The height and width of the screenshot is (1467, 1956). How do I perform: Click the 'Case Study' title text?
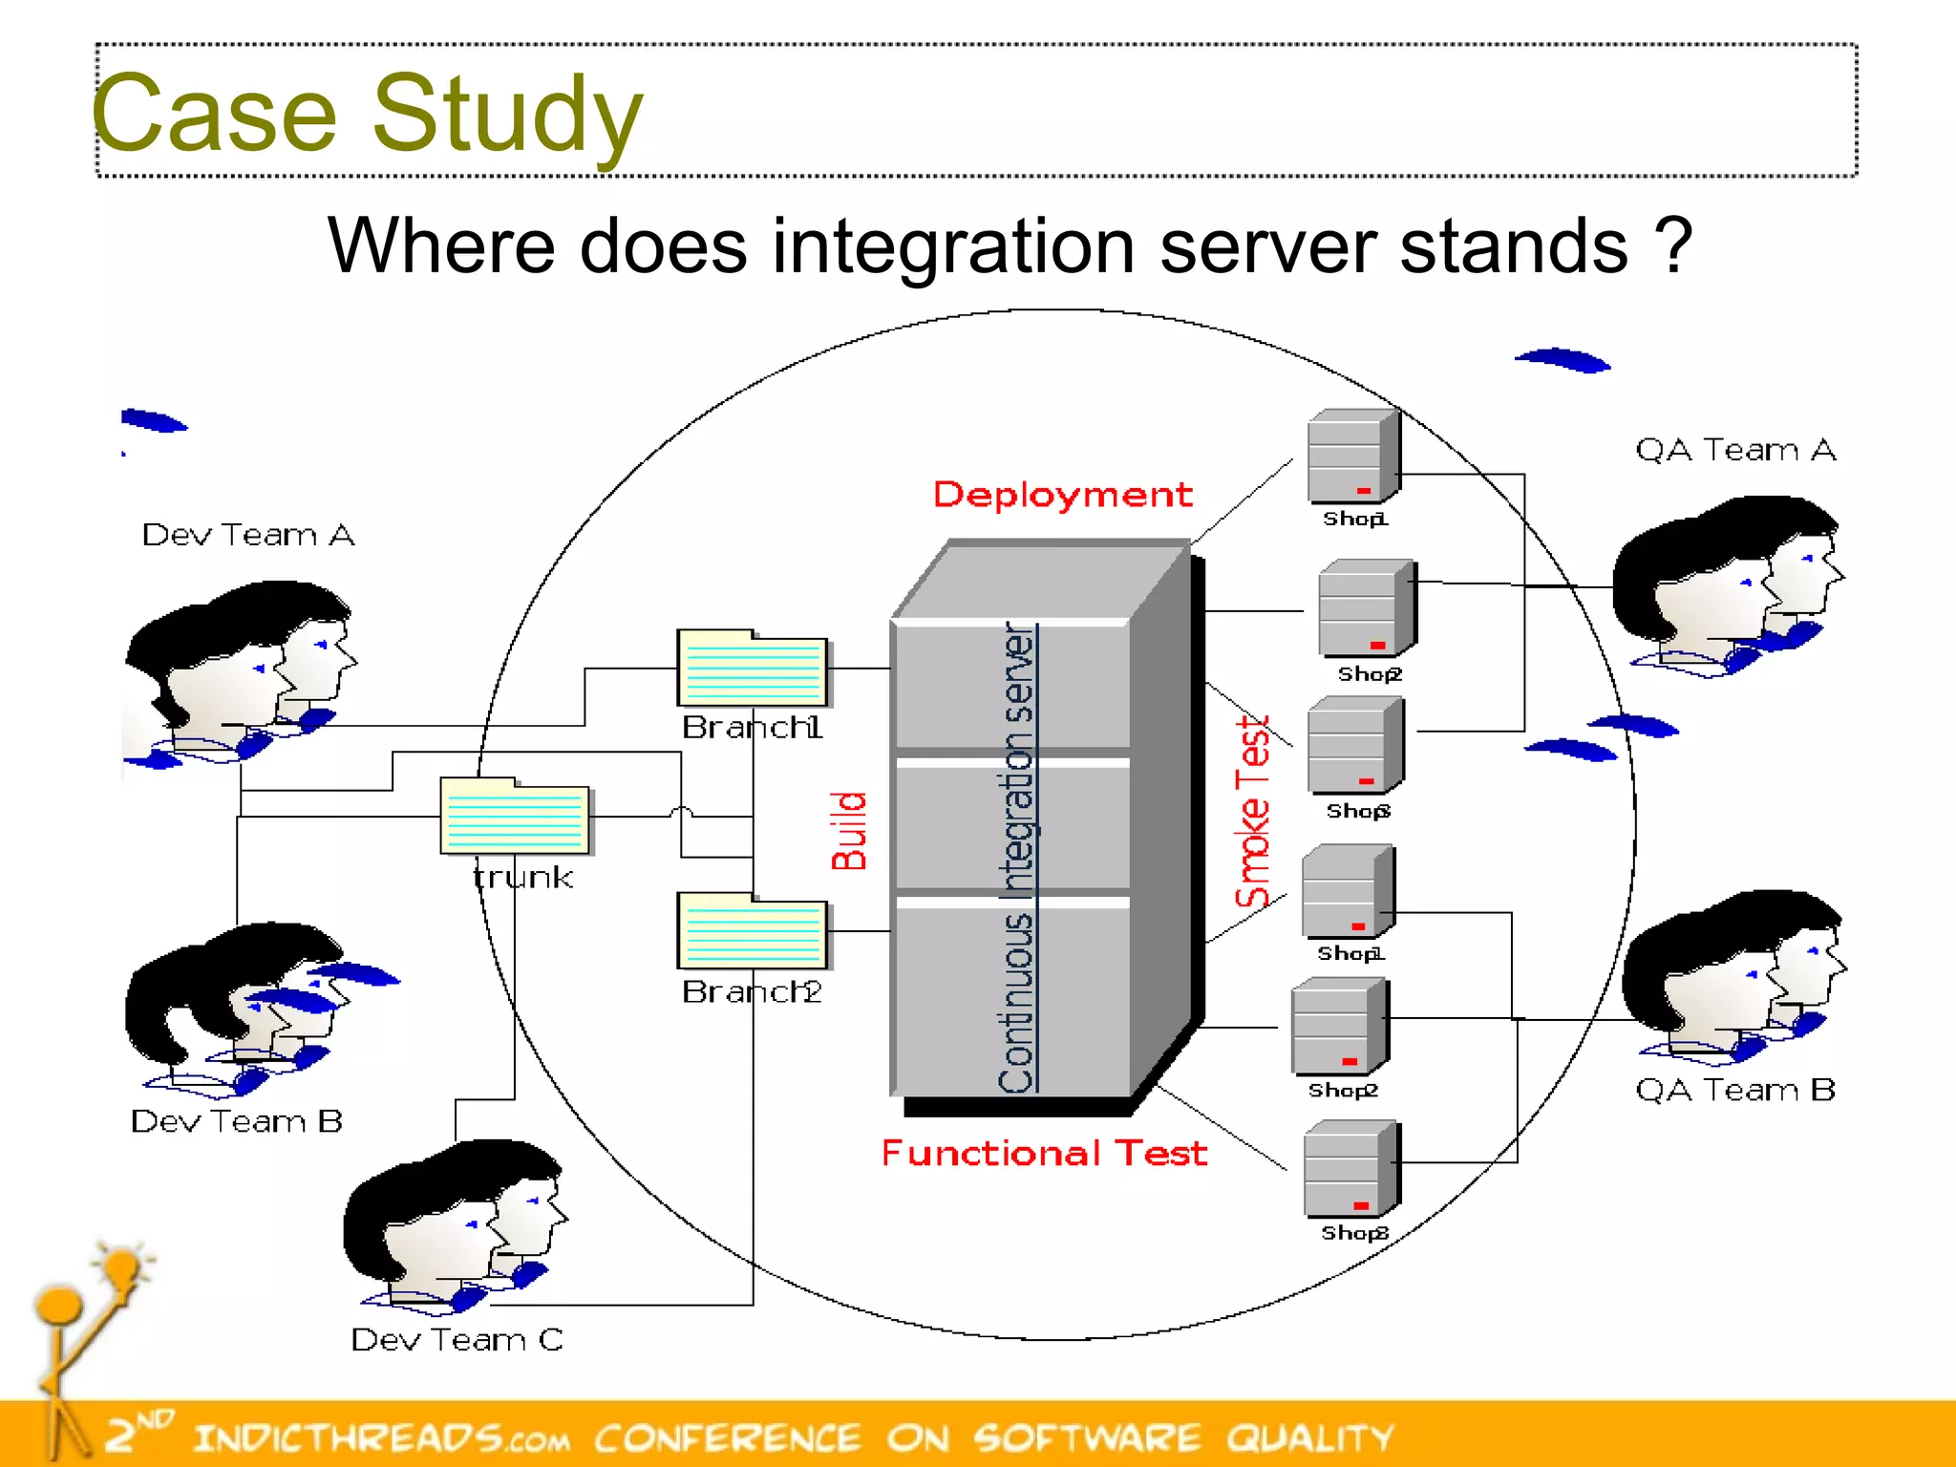pyautogui.click(x=368, y=115)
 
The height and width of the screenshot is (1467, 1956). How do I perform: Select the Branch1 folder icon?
pyautogui.click(x=752, y=668)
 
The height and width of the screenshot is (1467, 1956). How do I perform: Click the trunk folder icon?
pyautogui.click(x=515, y=816)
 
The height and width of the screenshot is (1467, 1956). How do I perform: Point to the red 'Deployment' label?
pyautogui.click(x=1062, y=495)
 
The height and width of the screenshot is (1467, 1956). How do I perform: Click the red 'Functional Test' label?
pyautogui.click(x=1044, y=1153)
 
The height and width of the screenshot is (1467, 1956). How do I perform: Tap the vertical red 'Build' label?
pyautogui.click(x=848, y=830)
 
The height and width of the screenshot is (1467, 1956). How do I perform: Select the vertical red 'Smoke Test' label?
pyautogui.click(x=1252, y=812)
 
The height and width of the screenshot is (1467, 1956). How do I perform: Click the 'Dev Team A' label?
pyautogui.click(x=248, y=535)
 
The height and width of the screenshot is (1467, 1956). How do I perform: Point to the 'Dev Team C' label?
pyautogui.click(x=457, y=1340)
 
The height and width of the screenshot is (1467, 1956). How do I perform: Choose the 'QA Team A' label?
pyautogui.click(x=1735, y=450)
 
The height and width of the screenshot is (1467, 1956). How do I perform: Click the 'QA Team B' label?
pyautogui.click(x=1735, y=1090)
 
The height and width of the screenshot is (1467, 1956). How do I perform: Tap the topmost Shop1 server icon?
pyautogui.click(x=1353, y=457)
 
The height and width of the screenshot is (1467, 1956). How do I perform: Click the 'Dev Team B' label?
pyautogui.click(x=237, y=1121)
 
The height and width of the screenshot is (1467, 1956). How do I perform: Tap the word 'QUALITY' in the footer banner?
pyautogui.click(x=1309, y=1437)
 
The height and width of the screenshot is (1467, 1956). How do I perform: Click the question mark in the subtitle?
pyautogui.click(x=1673, y=246)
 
